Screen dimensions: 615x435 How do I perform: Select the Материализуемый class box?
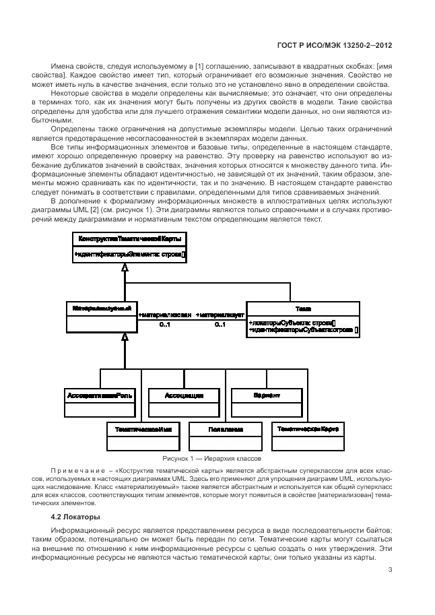pos(102,315)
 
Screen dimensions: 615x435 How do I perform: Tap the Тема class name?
pos(295,309)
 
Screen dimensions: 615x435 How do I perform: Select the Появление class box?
pos(225,436)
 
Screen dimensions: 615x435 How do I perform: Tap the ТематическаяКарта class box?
pos(307,436)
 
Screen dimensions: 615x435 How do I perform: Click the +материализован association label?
pos(165,315)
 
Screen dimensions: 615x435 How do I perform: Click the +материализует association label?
pos(220,315)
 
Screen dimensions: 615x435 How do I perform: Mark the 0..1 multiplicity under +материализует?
pos(220,325)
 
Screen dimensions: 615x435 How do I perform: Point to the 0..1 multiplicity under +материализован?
pos(165,325)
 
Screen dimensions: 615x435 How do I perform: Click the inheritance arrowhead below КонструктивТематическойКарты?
pos(125,267)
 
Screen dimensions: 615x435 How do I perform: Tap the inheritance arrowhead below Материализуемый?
pos(125,336)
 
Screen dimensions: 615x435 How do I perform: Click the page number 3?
pos(391,571)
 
